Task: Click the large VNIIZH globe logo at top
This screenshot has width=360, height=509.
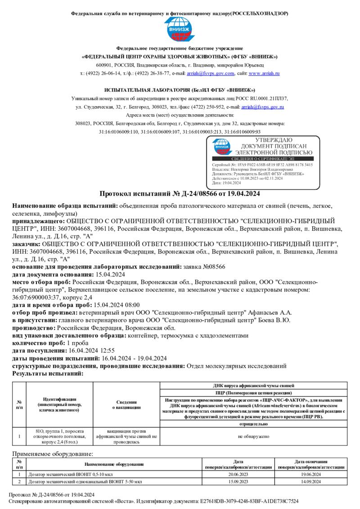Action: (180, 29)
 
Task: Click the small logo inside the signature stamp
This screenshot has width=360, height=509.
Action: (222, 146)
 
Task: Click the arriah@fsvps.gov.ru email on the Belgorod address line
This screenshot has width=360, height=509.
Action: (263, 107)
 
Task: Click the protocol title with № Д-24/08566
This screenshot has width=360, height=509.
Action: (180, 194)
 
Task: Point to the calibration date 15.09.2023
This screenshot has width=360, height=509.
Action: (238, 482)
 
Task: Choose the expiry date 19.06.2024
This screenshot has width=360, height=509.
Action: (310, 474)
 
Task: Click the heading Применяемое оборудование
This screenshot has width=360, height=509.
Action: (53, 454)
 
